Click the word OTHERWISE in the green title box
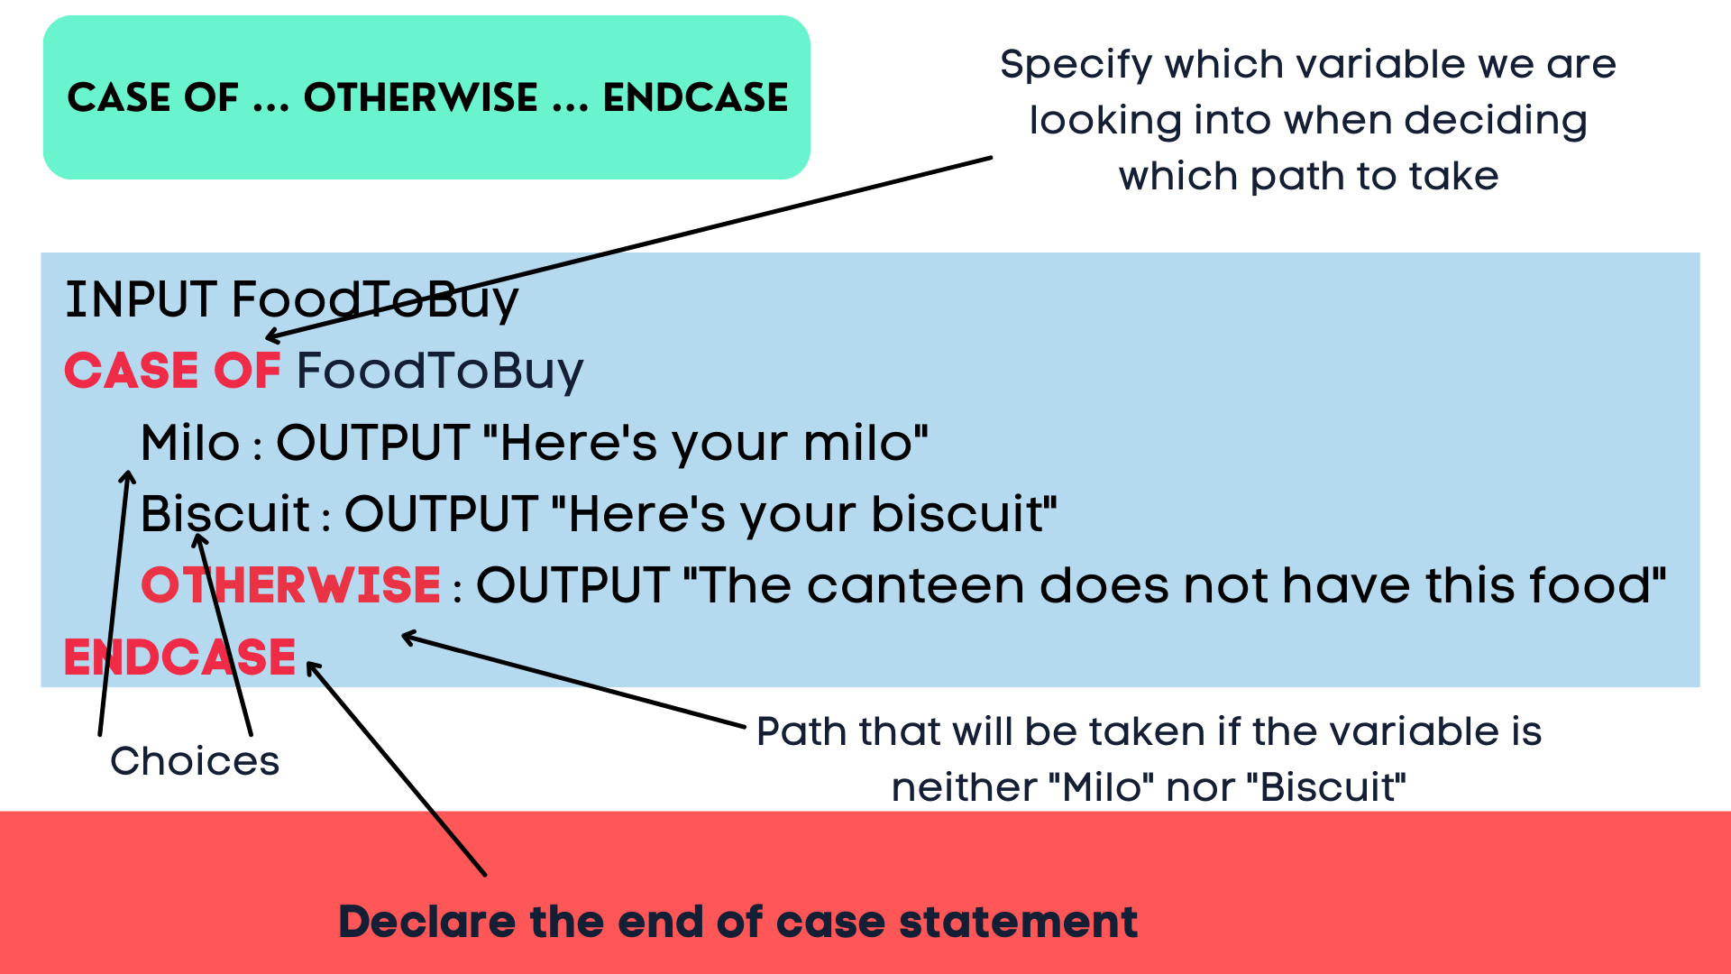click(x=420, y=97)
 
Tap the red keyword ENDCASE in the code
click(x=179, y=657)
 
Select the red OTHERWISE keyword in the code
click(x=290, y=585)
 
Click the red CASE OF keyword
click(x=172, y=371)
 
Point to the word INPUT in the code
click(x=141, y=299)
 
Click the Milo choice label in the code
click(x=190, y=443)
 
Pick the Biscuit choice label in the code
click(x=225, y=514)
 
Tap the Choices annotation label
click(x=195, y=761)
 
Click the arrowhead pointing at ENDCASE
click(x=312, y=667)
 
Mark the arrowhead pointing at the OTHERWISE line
click(x=408, y=638)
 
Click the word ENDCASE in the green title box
click(x=695, y=97)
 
